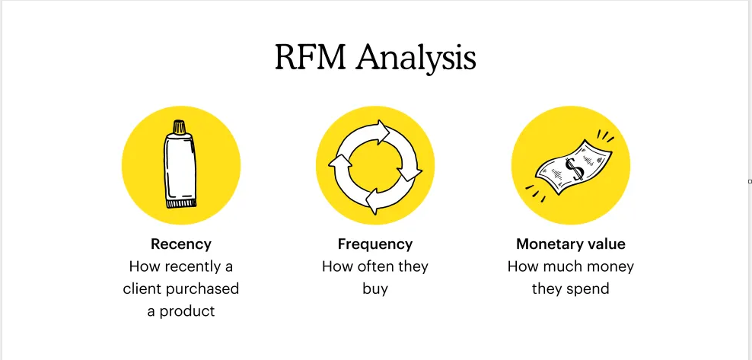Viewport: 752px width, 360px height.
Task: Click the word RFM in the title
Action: [x=307, y=58]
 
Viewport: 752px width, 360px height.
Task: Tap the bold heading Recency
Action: [x=181, y=244]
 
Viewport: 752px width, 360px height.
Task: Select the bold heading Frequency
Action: [x=375, y=244]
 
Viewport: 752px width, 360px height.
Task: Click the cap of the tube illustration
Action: [x=179, y=126]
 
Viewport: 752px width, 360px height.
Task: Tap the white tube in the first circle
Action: [x=180, y=167]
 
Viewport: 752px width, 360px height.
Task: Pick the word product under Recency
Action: [x=188, y=311]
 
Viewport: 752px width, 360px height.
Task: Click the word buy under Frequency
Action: [x=375, y=289]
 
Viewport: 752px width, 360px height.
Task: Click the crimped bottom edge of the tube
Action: [x=181, y=203]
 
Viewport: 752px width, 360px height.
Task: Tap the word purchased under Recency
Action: [x=203, y=289]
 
